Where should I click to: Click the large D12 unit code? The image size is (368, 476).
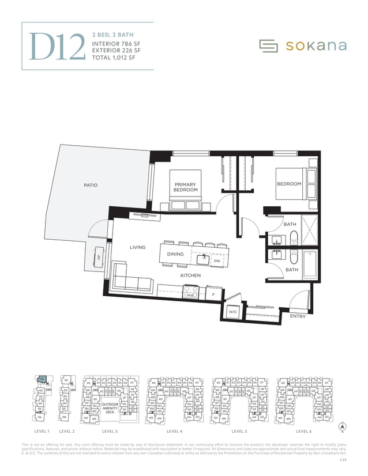(x=58, y=46)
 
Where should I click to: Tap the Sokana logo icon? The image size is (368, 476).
(x=269, y=46)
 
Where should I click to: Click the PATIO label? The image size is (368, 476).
(x=90, y=185)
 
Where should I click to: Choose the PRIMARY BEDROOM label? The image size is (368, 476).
(x=186, y=187)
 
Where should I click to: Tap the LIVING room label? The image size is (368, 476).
(x=137, y=247)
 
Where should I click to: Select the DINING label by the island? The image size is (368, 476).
(x=175, y=254)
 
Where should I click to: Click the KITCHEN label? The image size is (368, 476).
(x=190, y=275)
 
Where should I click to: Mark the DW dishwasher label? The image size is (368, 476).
(x=217, y=261)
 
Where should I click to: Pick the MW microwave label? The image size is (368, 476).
(x=190, y=295)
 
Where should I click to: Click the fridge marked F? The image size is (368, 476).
(x=213, y=294)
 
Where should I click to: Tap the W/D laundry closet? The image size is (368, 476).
(x=233, y=312)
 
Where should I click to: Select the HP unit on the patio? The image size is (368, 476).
(x=98, y=258)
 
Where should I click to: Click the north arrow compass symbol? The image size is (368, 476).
(x=343, y=427)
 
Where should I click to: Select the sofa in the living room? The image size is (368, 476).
(x=130, y=277)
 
